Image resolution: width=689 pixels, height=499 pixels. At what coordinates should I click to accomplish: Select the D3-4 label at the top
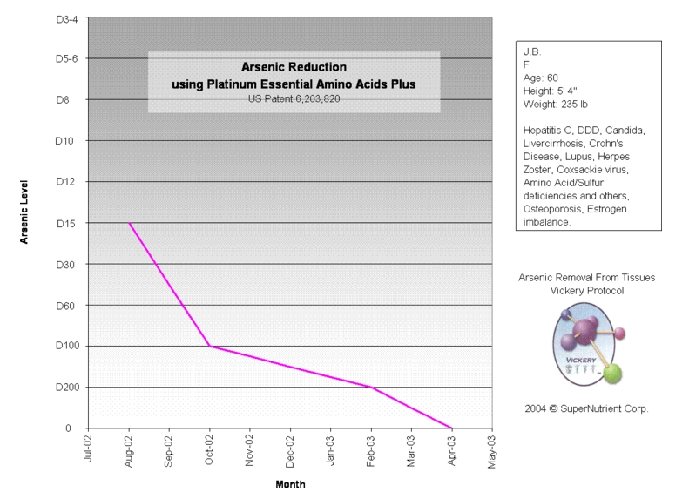click(x=66, y=18)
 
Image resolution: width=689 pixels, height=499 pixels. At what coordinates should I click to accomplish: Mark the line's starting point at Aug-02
click(x=129, y=223)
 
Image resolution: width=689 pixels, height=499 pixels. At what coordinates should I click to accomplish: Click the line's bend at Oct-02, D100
click(x=209, y=347)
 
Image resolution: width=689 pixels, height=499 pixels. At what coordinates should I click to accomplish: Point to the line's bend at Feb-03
click(x=371, y=388)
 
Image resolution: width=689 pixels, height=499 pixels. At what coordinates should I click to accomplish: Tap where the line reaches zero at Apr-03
click(x=451, y=428)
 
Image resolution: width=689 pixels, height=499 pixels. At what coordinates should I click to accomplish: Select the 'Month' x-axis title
click(x=290, y=484)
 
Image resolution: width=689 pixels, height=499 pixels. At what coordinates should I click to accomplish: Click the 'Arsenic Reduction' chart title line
click(x=294, y=66)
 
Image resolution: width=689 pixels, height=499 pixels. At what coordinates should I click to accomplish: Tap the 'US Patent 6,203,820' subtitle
click(x=294, y=99)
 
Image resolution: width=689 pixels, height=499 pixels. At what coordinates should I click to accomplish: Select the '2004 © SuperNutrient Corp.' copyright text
click(x=586, y=408)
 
